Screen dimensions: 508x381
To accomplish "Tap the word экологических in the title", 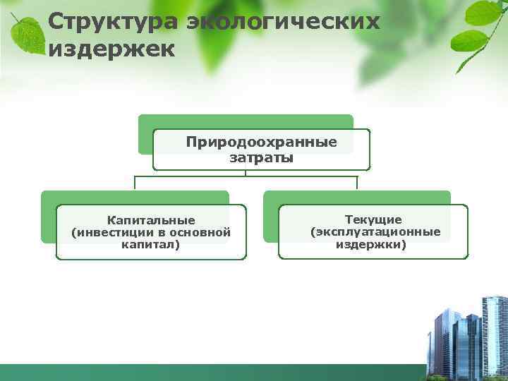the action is [283, 22].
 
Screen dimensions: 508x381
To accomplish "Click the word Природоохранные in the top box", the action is [261, 143].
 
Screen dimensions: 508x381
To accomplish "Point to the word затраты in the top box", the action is [261, 157].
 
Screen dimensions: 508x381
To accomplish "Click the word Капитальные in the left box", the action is [151, 220].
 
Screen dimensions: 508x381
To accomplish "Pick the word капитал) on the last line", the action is [151, 244].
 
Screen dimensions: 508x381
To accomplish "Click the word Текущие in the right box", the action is [373, 220].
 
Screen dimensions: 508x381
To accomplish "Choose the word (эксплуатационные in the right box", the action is [375, 232].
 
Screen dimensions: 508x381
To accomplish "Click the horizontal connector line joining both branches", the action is [246, 176].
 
